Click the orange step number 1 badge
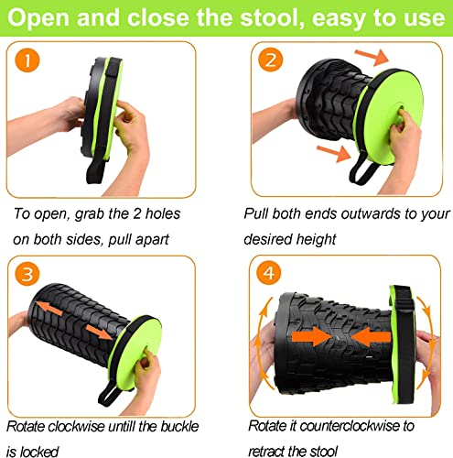(x=27, y=60)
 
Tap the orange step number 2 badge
(x=271, y=60)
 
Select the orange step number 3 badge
(x=27, y=274)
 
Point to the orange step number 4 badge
(x=269, y=272)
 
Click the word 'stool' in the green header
(x=273, y=17)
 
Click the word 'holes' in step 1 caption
(x=163, y=213)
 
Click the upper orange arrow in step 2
(x=372, y=57)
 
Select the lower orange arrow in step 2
(x=334, y=153)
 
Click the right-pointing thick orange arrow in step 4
(x=311, y=337)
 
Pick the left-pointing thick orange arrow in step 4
(x=371, y=337)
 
